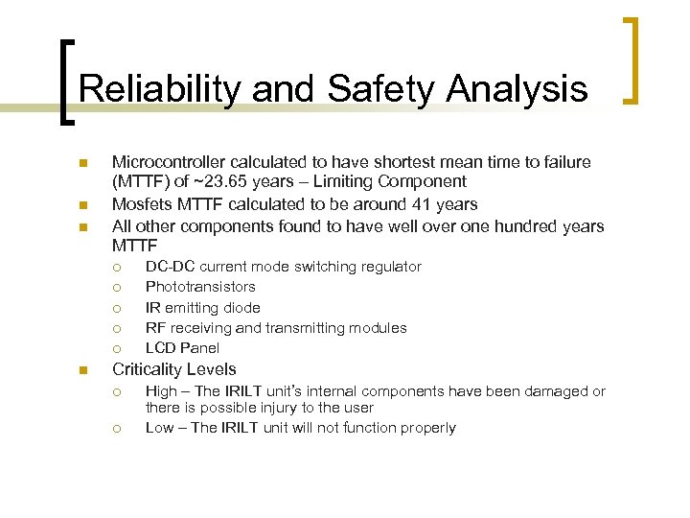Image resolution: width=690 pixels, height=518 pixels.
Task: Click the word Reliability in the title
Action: (x=157, y=89)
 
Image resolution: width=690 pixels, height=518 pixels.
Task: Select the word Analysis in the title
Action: (x=517, y=89)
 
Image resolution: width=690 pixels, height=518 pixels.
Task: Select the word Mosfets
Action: (x=142, y=203)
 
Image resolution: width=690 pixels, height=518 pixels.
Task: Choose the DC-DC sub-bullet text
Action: (x=283, y=267)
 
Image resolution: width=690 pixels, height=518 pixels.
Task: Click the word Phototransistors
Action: (x=200, y=287)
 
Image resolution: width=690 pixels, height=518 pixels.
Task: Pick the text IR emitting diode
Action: (x=202, y=308)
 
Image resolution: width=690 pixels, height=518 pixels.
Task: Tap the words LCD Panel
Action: (x=182, y=348)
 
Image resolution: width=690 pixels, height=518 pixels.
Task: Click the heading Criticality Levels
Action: (x=173, y=369)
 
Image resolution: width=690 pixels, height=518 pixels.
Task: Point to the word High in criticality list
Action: (x=160, y=391)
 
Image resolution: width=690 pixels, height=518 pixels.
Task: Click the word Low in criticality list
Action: (x=159, y=428)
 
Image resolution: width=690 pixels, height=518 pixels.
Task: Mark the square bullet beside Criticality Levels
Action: (x=83, y=370)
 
